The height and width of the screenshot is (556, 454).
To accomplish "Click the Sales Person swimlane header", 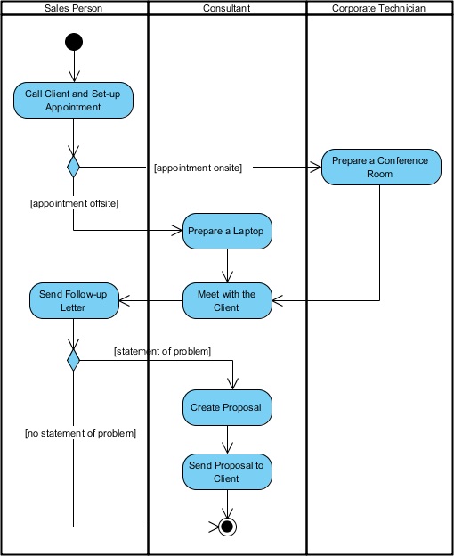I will point(74,8).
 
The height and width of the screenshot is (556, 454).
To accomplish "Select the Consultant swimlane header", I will point(226,8).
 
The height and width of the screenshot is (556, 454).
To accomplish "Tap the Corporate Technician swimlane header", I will point(378,8).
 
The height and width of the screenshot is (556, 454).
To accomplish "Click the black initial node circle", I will point(74,42).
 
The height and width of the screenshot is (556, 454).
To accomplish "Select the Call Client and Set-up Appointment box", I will point(74,100).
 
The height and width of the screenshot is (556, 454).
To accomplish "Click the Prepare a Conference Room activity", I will point(380,167).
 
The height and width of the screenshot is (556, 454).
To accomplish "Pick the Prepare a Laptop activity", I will point(228,231).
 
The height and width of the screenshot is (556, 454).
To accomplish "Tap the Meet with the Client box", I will point(228,300).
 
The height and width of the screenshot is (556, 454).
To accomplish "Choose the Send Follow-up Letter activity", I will point(74,300).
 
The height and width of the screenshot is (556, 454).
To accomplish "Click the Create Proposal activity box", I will point(228,407).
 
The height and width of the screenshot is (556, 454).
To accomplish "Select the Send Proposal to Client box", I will point(228,471).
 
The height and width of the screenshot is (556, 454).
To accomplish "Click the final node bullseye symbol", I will point(228,527).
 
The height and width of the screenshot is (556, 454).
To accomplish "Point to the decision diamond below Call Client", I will point(74,166).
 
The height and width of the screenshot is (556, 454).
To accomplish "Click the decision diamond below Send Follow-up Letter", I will point(74,359).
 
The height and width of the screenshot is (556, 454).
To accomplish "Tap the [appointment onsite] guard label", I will point(198,167).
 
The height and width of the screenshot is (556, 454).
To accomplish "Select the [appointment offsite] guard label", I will point(74,203).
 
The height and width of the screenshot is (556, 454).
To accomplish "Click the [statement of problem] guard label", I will point(162,351).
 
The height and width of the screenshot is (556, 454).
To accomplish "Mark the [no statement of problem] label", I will point(80,433).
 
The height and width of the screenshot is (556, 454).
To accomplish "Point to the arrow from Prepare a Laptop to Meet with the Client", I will point(228,266).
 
